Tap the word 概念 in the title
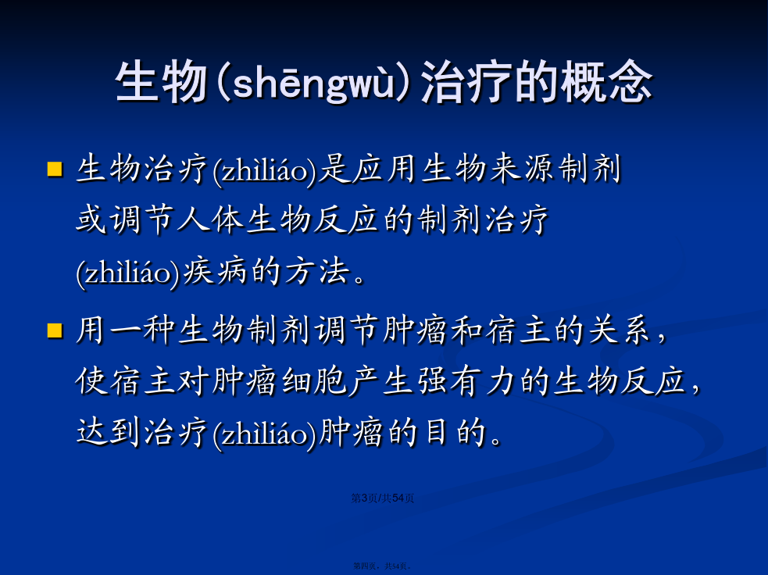click(x=606, y=81)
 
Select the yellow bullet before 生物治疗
click(x=55, y=169)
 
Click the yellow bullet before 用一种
click(x=55, y=330)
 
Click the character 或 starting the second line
click(x=91, y=220)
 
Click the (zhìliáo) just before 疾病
click(x=129, y=273)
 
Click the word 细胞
click(x=313, y=381)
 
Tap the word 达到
click(x=108, y=432)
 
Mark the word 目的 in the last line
click(x=455, y=432)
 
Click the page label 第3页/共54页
click(x=383, y=498)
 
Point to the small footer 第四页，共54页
click(x=383, y=566)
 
